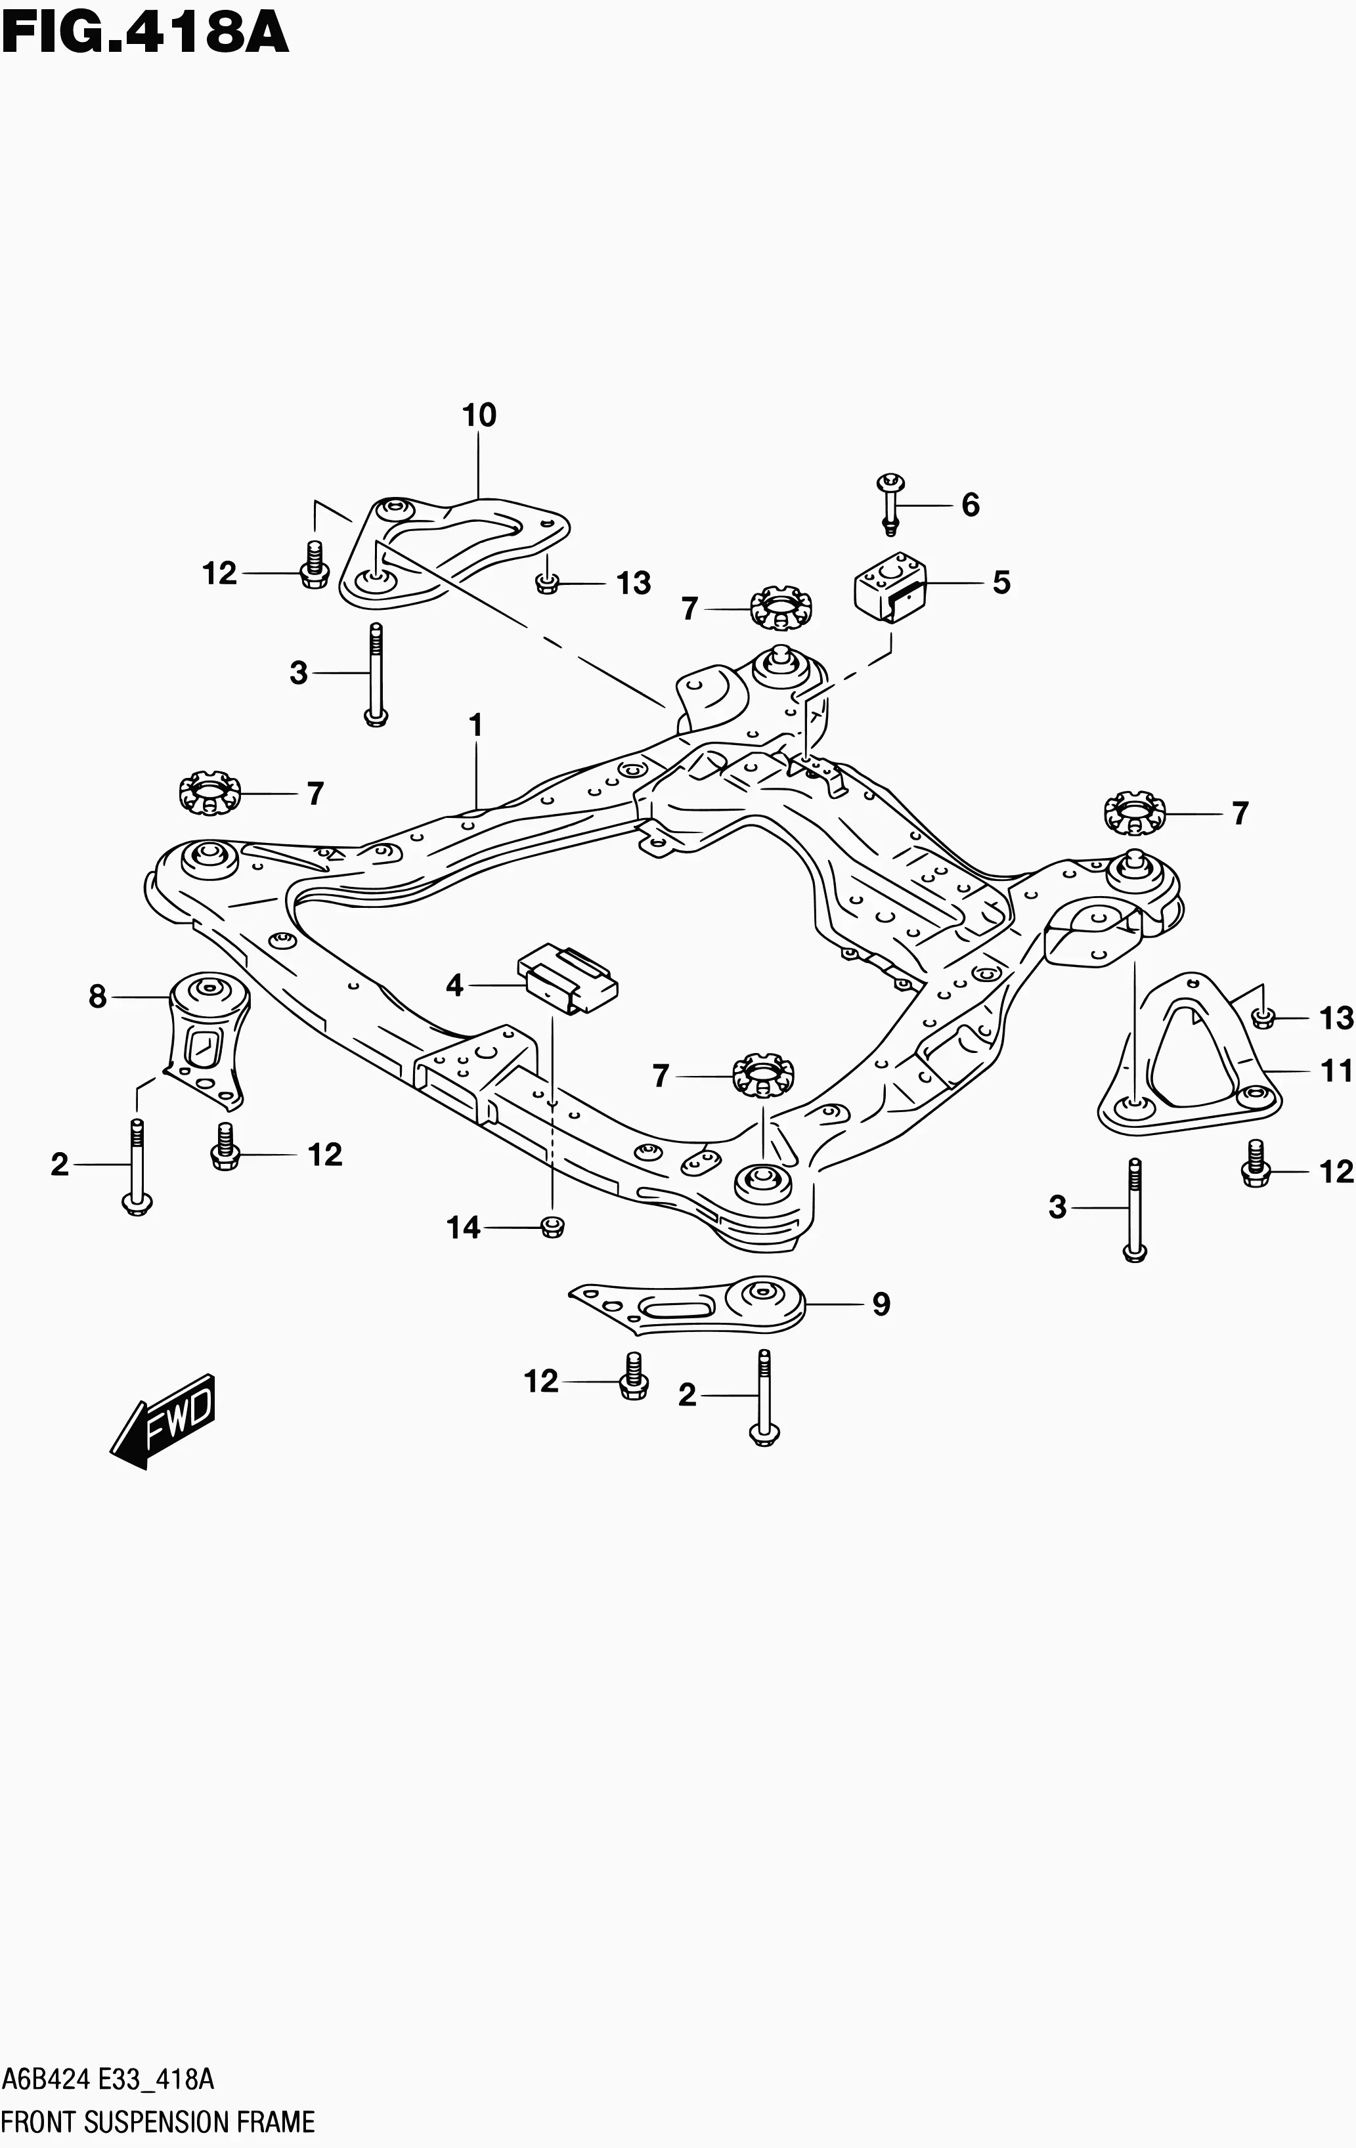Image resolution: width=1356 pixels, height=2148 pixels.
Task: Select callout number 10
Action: coord(479,415)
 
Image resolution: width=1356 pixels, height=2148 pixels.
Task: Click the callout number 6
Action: coord(971,505)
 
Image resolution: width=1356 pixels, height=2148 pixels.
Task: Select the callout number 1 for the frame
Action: coord(475,725)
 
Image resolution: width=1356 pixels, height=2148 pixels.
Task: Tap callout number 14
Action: coord(464,1228)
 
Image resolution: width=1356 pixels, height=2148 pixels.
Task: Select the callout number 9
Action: coord(881,1304)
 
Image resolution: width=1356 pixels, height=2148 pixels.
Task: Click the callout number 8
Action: coord(98,997)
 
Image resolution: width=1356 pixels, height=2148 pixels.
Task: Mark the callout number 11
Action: coord(1336,1071)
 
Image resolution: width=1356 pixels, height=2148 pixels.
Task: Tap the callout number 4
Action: coord(455,985)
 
